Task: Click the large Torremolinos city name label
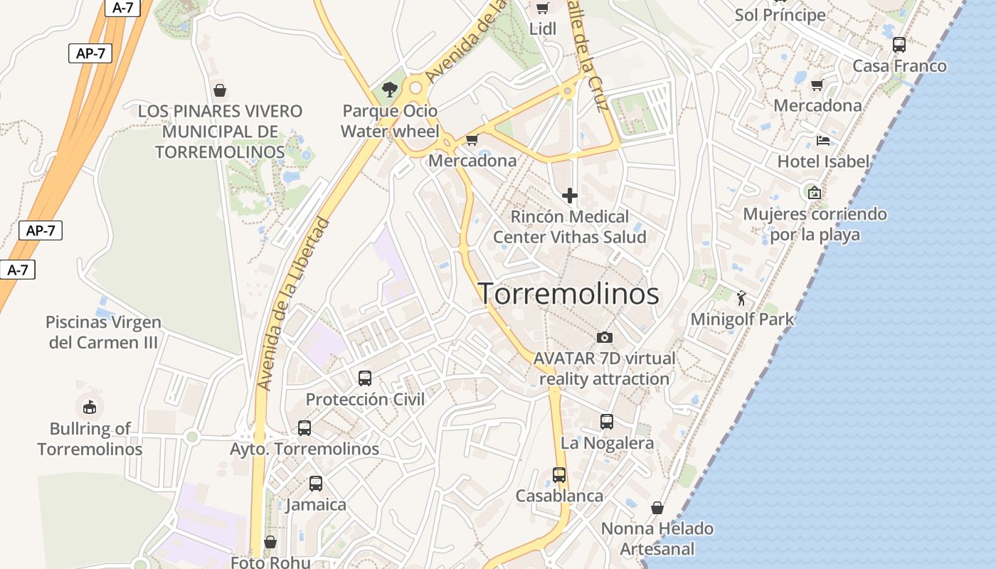[568, 294]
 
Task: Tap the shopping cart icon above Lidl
[542, 8]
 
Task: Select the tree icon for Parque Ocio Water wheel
[389, 89]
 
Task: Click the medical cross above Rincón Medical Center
[570, 195]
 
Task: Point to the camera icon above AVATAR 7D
[604, 337]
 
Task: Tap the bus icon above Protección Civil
[365, 378]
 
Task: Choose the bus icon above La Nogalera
[607, 421]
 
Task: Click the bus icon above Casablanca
[559, 474]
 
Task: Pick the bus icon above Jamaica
[316, 484]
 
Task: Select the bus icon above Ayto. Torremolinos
[304, 427]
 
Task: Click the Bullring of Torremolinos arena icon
[89, 408]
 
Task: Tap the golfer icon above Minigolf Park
[742, 298]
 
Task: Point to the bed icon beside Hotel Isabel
[823, 140]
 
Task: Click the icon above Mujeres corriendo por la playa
[815, 192]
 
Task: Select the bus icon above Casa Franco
[899, 44]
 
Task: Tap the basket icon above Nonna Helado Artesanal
[657, 508]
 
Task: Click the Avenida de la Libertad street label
[294, 304]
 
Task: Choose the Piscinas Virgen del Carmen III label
[103, 332]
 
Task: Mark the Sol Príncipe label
[780, 15]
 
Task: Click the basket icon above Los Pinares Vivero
[220, 90]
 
